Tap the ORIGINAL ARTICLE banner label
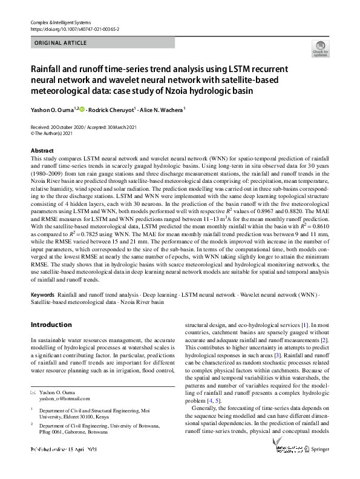tap(60, 42)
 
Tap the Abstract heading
tap(42, 150)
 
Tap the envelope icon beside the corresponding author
tap(33, 392)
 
